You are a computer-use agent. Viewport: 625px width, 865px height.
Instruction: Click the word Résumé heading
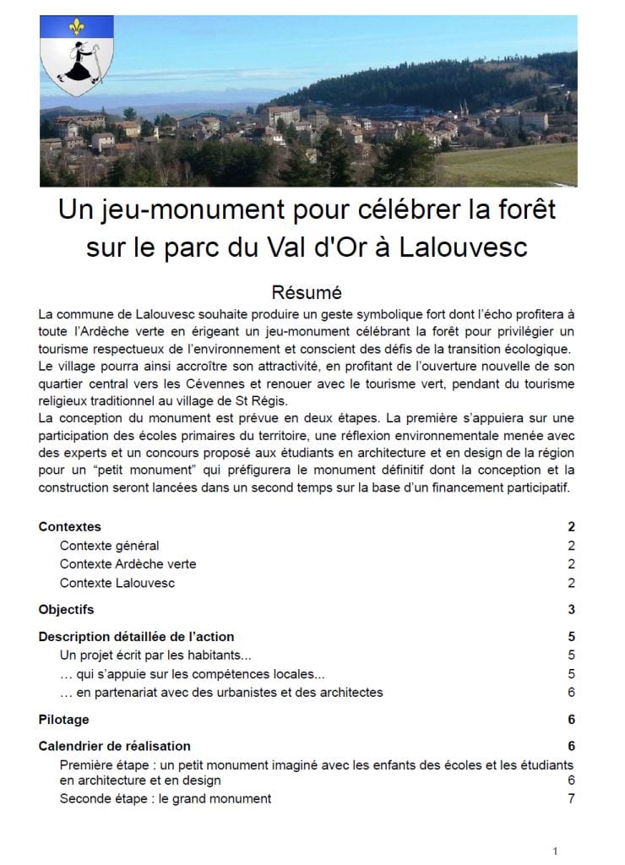click(307, 293)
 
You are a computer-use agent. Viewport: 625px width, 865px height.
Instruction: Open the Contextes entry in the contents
click(70, 527)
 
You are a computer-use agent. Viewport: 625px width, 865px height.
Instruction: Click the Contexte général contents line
click(109, 546)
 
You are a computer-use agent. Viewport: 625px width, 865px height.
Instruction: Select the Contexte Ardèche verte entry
click(128, 564)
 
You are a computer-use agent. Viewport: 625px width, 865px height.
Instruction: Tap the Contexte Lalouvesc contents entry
click(117, 583)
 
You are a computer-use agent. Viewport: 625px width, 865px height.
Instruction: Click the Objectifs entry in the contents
click(66, 609)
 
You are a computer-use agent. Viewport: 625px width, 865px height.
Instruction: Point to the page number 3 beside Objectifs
click(572, 609)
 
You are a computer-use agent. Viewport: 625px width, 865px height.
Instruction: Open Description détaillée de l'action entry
click(136, 636)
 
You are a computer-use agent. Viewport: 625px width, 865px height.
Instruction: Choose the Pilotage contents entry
click(63, 720)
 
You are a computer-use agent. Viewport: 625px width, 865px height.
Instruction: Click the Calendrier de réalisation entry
click(115, 746)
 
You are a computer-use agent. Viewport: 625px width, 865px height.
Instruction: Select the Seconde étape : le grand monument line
click(166, 798)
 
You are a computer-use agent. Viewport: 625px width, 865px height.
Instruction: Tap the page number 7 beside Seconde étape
click(572, 798)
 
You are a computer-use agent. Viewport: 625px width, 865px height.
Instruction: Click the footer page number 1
click(555, 851)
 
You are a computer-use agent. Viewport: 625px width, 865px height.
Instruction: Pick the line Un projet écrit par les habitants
click(155, 655)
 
